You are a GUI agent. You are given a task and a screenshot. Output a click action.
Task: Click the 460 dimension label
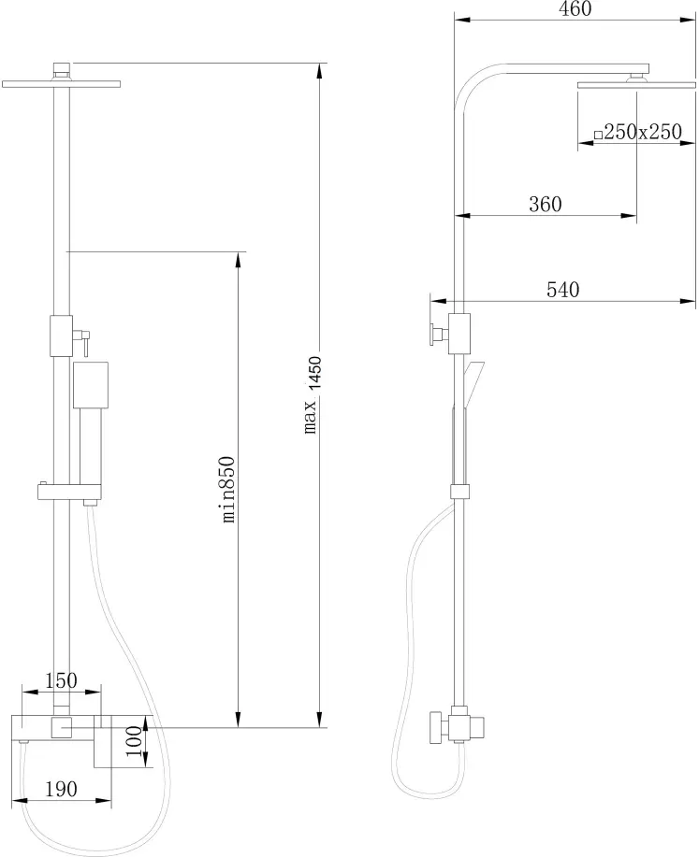(575, 8)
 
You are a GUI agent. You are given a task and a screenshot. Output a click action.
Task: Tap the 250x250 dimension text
(643, 132)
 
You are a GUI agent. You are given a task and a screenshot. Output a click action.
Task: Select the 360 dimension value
(546, 204)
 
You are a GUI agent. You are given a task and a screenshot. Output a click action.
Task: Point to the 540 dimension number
(562, 289)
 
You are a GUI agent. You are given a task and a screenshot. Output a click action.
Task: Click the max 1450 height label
(312, 394)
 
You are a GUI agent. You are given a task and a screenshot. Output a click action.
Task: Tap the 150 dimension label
(61, 680)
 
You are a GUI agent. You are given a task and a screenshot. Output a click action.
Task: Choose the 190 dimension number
(61, 789)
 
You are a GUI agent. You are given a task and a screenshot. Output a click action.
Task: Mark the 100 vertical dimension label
(134, 741)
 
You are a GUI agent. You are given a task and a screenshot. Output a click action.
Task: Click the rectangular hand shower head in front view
(91, 384)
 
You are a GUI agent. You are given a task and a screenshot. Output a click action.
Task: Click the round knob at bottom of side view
(437, 727)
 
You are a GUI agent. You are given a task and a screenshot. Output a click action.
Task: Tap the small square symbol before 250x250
(598, 134)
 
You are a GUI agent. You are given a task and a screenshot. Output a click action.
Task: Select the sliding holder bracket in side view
(460, 491)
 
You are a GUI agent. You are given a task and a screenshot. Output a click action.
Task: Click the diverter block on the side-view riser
(459, 334)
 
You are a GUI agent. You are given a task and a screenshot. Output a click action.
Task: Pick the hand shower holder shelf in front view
(69, 492)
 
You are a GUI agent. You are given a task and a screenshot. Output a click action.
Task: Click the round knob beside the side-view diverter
(434, 334)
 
